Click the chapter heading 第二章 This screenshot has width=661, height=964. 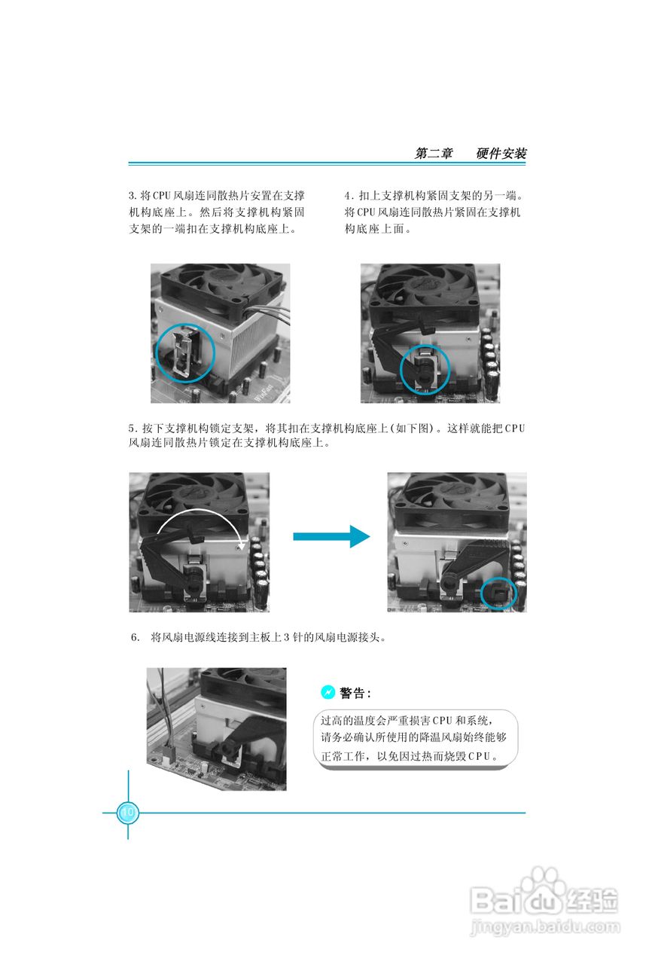[x=434, y=153]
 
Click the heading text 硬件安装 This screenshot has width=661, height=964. [x=501, y=153]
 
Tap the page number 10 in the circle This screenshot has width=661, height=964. [x=127, y=813]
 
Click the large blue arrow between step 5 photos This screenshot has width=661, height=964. [x=331, y=537]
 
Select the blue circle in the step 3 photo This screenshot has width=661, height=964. [x=185, y=354]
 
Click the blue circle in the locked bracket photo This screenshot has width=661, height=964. [x=499, y=594]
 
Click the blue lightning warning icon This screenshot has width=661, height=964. [x=327, y=692]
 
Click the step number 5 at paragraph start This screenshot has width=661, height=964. [x=132, y=429]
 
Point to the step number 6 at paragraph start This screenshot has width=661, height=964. [x=135, y=637]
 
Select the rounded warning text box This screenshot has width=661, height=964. [x=416, y=739]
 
